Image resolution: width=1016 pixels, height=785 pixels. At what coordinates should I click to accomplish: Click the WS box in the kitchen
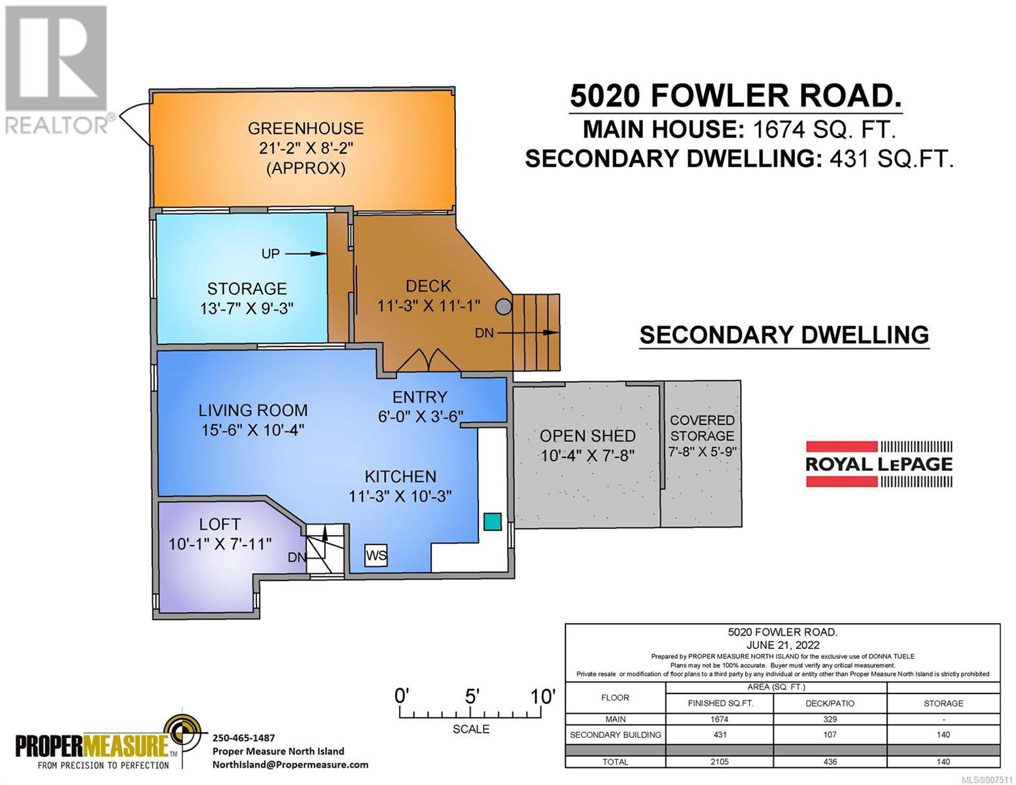tap(376, 555)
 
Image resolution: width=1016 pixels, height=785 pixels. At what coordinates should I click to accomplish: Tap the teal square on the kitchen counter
tap(493, 521)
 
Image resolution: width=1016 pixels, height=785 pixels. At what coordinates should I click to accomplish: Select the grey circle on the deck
tap(503, 307)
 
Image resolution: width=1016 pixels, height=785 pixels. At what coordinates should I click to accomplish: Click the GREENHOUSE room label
tap(306, 128)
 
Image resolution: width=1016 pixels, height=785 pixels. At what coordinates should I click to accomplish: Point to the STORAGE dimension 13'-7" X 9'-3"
tap(247, 309)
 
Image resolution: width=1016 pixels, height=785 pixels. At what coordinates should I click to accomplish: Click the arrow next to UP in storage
tap(306, 254)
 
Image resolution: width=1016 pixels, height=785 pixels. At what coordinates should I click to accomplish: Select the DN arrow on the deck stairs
tap(529, 333)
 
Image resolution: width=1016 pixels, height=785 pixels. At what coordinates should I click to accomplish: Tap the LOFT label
tap(220, 524)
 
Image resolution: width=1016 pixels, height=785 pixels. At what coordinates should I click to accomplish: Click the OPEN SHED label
tap(587, 436)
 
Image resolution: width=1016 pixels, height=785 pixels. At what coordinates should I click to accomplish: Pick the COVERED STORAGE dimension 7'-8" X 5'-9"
tap(702, 451)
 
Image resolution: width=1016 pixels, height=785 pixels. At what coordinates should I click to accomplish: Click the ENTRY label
tap(420, 397)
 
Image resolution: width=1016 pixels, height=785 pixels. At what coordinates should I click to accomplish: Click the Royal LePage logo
tap(879, 464)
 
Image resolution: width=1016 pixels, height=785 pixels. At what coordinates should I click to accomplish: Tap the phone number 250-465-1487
tap(243, 738)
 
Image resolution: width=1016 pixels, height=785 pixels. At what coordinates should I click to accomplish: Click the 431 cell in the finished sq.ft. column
tap(720, 735)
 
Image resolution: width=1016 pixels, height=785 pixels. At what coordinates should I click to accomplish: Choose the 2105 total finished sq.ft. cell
tap(720, 761)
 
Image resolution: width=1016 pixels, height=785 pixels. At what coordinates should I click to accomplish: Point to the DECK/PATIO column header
tap(830, 703)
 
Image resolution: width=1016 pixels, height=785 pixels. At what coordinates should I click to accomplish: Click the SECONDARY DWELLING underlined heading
tap(784, 335)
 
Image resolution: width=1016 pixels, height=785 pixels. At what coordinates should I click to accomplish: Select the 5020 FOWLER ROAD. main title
tap(735, 96)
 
